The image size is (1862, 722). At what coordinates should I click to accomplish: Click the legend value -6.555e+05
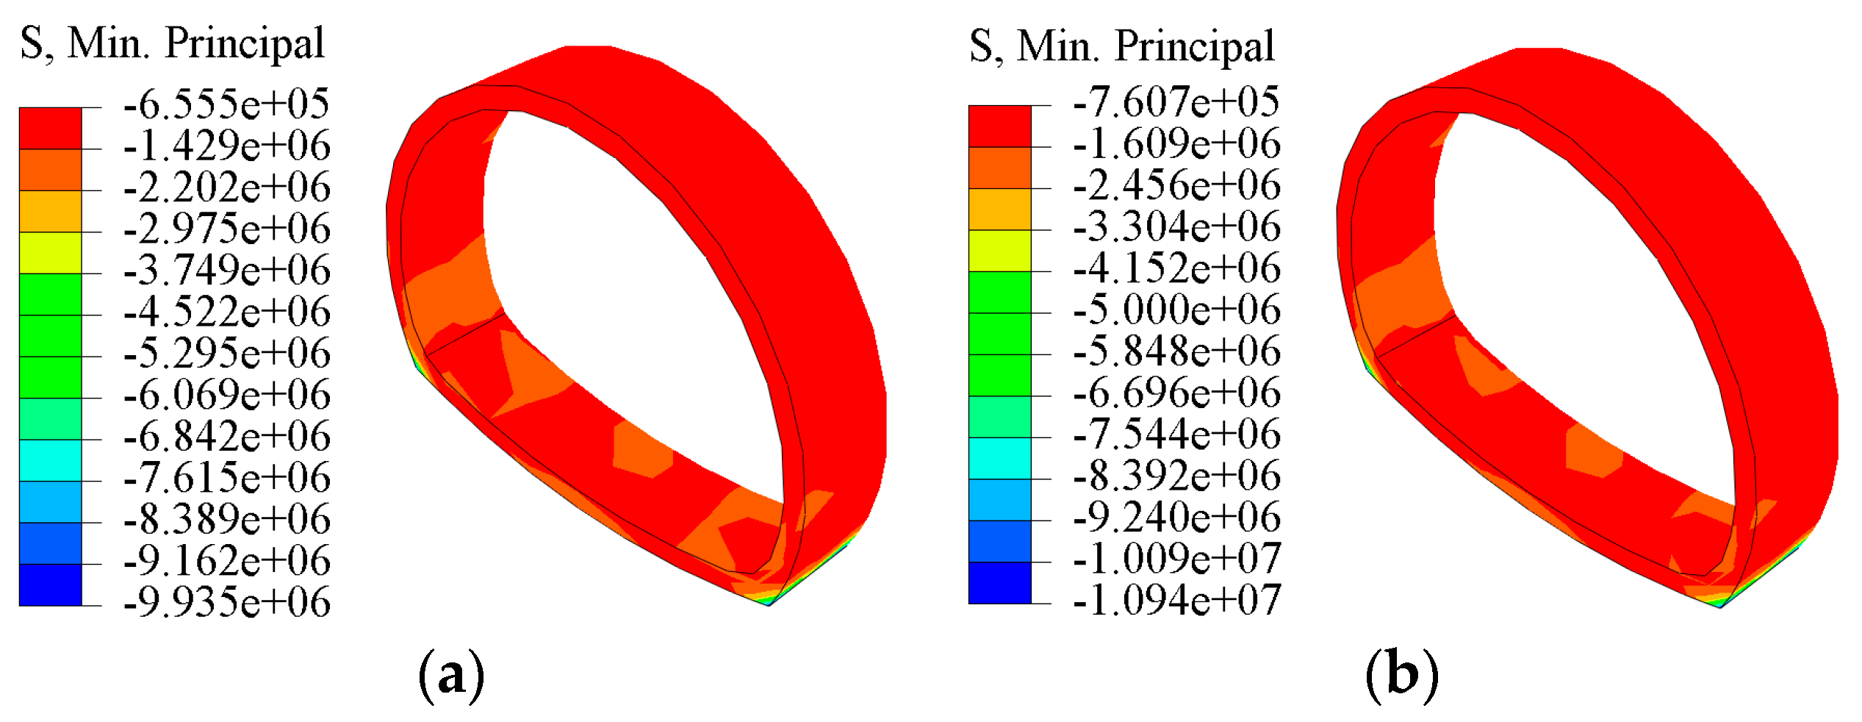pyautogui.click(x=226, y=104)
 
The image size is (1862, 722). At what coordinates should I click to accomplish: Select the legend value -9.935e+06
pyautogui.click(x=226, y=602)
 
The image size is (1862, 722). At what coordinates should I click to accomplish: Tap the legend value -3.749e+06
pyautogui.click(x=226, y=270)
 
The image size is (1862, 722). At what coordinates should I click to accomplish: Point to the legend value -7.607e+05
pyautogui.click(x=1176, y=101)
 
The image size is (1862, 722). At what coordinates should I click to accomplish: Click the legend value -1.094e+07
pyautogui.click(x=1176, y=600)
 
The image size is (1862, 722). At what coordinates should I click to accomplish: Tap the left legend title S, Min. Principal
pyautogui.click(x=172, y=43)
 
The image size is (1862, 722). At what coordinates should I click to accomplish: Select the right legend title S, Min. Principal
pyautogui.click(x=1122, y=46)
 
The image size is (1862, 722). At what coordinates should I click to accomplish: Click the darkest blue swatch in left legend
pyautogui.click(x=50, y=585)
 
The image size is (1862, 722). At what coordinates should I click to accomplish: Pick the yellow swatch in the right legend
pyautogui.click(x=999, y=251)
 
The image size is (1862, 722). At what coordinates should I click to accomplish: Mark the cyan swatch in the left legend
pyautogui.click(x=50, y=460)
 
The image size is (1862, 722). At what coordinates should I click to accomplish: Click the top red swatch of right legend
pyautogui.click(x=999, y=126)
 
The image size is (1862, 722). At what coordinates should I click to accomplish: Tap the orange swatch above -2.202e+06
pyautogui.click(x=50, y=170)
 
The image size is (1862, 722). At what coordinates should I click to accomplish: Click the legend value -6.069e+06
pyautogui.click(x=226, y=395)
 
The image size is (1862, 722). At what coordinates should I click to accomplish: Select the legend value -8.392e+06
pyautogui.click(x=1176, y=475)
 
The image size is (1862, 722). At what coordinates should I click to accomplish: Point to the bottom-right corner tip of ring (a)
pyautogui.click(x=769, y=604)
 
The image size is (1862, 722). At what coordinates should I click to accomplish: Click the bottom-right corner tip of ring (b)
pyautogui.click(x=1720, y=607)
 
